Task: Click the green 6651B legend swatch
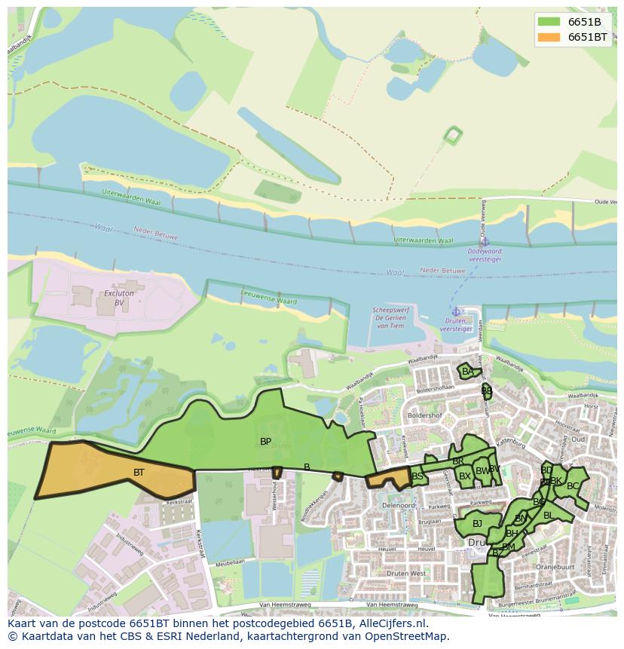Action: [x=549, y=21]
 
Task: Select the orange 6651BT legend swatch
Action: [x=549, y=36]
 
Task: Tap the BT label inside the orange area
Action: [x=139, y=473]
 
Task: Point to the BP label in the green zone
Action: [x=265, y=441]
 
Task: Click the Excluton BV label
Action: [x=119, y=297]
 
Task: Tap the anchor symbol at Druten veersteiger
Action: [x=455, y=311]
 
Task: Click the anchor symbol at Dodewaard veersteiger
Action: [x=485, y=241]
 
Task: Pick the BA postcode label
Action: [x=468, y=372]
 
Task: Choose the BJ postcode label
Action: [x=477, y=524]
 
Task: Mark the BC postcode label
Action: [x=573, y=486]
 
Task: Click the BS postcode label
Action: [x=418, y=476]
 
